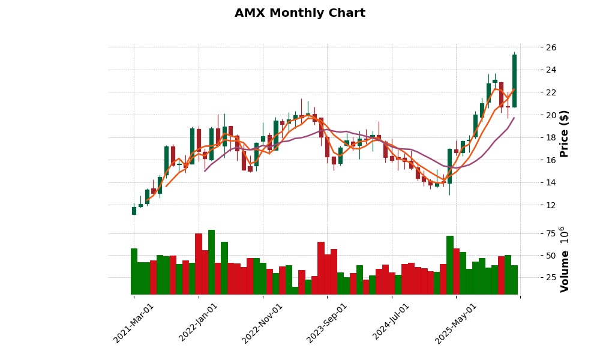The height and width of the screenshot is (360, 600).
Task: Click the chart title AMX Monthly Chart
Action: click(299, 13)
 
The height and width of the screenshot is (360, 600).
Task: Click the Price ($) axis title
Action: click(564, 133)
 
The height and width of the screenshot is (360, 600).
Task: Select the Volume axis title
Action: click(564, 259)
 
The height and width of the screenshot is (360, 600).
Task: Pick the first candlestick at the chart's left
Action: click(134, 211)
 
